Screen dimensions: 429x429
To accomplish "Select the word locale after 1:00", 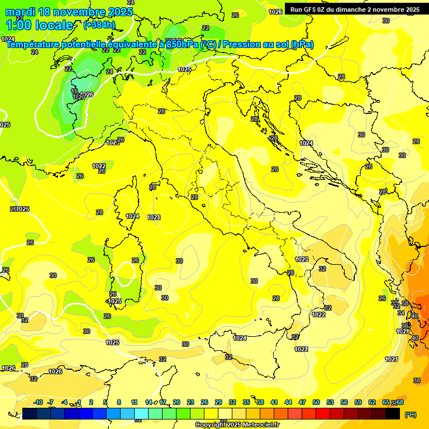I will (54, 25).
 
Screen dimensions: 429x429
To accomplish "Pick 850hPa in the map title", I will (182, 45).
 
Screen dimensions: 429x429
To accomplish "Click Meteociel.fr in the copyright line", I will (257, 425).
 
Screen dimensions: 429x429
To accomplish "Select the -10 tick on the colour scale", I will (38, 402).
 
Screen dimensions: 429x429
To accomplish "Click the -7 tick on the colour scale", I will (50, 402).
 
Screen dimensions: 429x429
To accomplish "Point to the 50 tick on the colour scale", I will (316, 402).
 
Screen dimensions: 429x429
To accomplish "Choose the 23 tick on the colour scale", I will (190, 402).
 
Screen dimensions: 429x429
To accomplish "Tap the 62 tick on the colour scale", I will (372, 402).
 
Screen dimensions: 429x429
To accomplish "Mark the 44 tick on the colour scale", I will (288, 402).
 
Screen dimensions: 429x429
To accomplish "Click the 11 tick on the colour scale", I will (134, 402).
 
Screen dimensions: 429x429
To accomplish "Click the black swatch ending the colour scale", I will (393, 413).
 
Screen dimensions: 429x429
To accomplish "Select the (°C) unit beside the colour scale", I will (411, 414).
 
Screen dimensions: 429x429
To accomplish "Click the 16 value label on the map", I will (74, 91).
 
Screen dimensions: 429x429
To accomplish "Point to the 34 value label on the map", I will (401, 313).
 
